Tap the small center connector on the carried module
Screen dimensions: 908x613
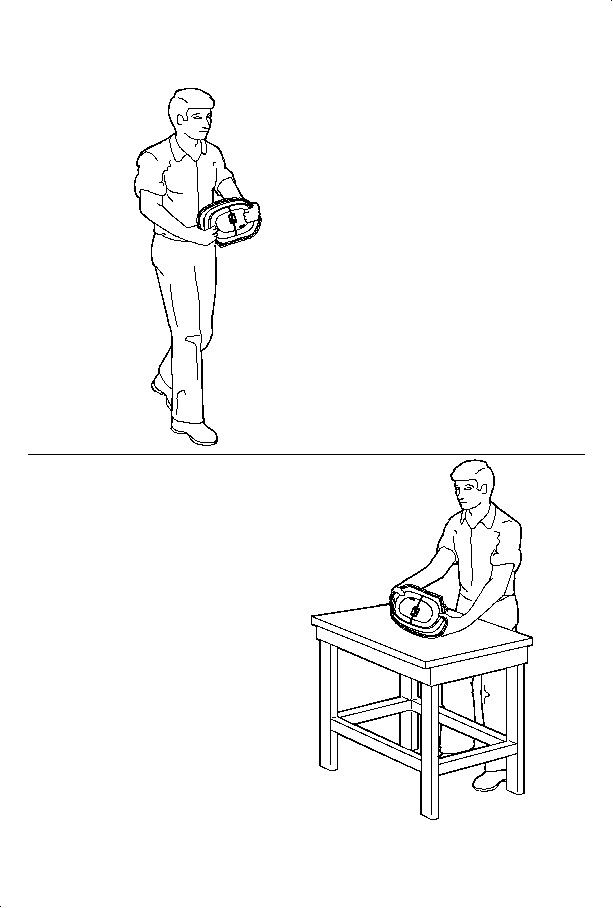tap(232, 218)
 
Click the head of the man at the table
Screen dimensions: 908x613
tap(471, 486)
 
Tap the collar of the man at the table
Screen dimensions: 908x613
tap(479, 521)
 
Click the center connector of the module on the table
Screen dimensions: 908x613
tap(415, 612)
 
